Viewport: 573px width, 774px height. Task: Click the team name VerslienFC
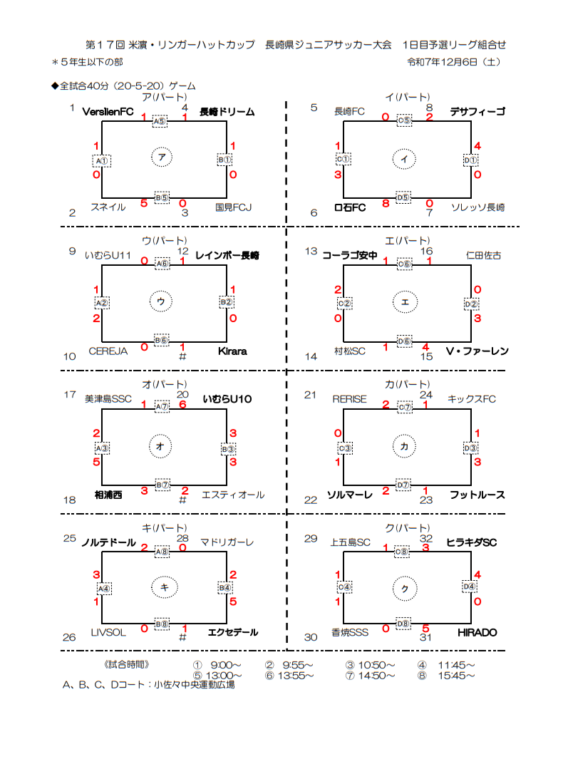108,112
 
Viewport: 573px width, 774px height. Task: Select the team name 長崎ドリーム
227,112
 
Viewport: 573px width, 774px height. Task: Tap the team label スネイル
108,207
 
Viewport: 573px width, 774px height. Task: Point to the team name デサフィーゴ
477,112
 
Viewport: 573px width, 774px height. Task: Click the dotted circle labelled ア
162,158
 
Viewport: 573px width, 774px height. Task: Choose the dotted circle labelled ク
404,587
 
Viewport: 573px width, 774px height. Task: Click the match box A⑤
162,121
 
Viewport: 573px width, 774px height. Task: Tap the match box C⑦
404,408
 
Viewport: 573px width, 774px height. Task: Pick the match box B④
225,588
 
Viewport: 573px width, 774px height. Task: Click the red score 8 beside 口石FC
385,204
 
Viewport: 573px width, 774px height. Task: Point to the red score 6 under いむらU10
182,405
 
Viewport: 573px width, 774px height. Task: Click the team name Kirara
232,351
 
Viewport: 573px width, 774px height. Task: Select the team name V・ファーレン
477,351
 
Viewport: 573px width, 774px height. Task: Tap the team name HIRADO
477,633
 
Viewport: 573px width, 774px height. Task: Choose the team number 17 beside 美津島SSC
70,394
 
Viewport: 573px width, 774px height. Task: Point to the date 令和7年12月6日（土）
453,63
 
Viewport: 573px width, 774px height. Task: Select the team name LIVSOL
108,633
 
